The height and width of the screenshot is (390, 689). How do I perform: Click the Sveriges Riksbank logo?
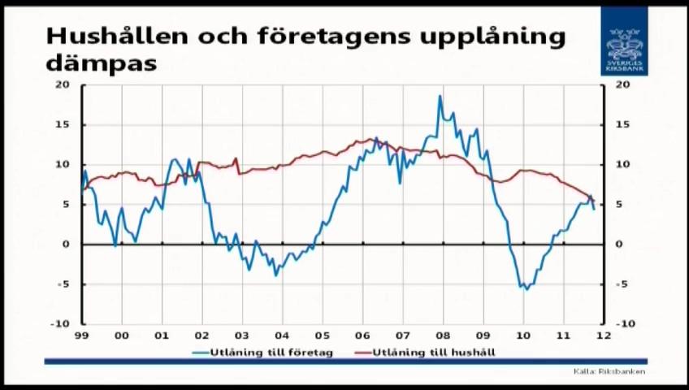(624, 41)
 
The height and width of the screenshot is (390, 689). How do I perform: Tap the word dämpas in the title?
(102, 62)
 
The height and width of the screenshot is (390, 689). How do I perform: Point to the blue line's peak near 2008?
(440, 97)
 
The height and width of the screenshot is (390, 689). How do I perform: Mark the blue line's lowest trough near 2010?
(526, 288)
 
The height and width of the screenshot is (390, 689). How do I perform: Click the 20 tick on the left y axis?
(63, 84)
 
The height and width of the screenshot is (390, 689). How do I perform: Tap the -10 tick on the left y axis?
(60, 323)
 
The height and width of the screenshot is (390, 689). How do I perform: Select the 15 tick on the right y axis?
(622, 124)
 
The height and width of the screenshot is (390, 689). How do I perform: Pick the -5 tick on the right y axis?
(622, 284)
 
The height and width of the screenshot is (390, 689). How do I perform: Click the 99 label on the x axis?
(81, 335)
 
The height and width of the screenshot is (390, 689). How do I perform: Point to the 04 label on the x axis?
(282, 335)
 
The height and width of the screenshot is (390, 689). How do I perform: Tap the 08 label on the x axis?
(442, 335)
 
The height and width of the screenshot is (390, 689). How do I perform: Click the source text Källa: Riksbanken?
(609, 371)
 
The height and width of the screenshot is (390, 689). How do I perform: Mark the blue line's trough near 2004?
(275, 275)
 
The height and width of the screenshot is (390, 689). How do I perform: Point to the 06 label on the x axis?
(362, 335)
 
